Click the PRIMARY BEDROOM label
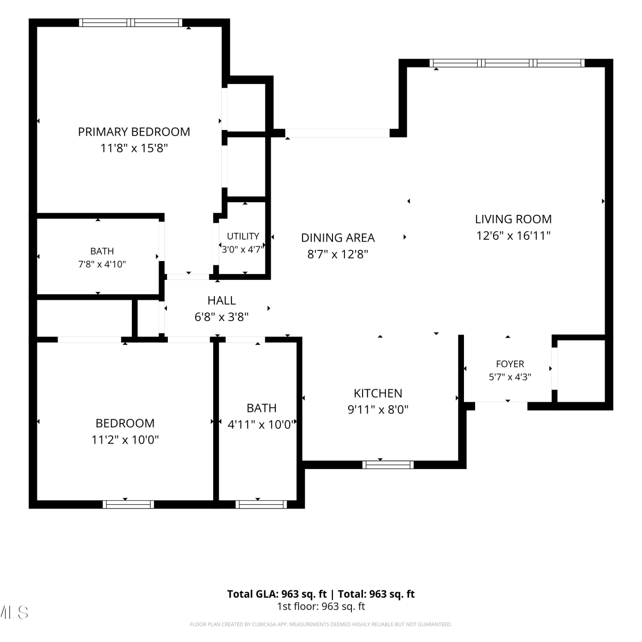click(x=134, y=132)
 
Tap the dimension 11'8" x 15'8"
click(x=134, y=148)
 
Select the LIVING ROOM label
click(x=513, y=219)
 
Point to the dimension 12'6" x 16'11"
click(x=513, y=235)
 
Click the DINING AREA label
click(x=338, y=238)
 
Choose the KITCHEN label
click(x=378, y=393)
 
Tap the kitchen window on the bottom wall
click(x=388, y=465)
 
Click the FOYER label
click(x=510, y=364)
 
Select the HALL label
click(x=222, y=300)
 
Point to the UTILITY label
click(x=243, y=236)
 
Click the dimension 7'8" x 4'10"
click(x=102, y=265)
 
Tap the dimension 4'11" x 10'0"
click(x=262, y=425)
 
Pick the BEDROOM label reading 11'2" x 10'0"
click(x=125, y=423)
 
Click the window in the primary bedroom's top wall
click(x=131, y=23)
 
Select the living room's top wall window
click(x=507, y=63)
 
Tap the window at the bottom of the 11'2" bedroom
click(x=128, y=505)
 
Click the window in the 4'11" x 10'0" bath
click(x=261, y=505)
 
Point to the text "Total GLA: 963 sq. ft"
click(x=277, y=594)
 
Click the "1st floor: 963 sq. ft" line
click(x=321, y=606)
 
